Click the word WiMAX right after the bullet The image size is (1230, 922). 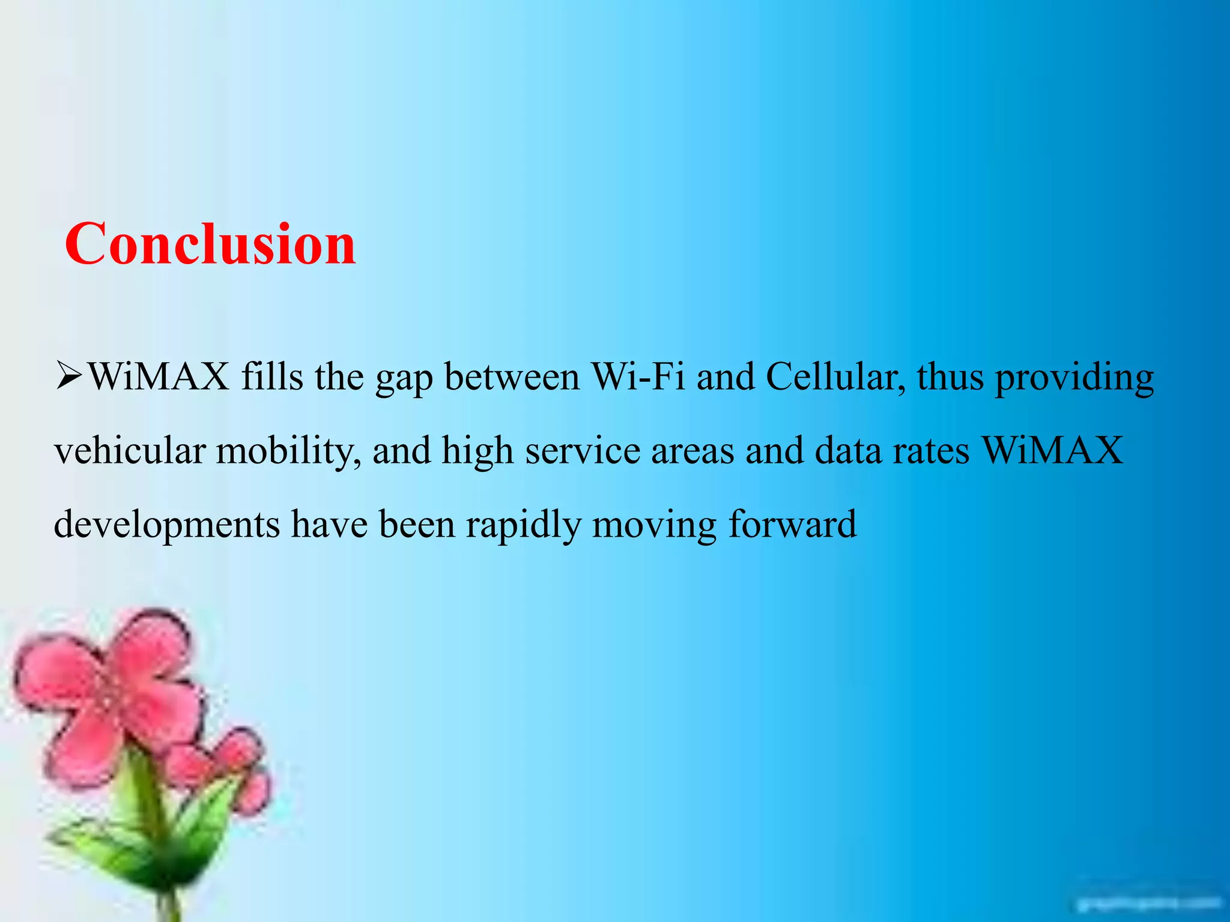[x=159, y=378]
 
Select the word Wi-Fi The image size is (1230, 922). [x=638, y=378]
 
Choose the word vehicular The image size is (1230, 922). [x=130, y=451]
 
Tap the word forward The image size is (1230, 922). [x=793, y=524]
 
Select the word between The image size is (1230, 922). [x=512, y=378]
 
